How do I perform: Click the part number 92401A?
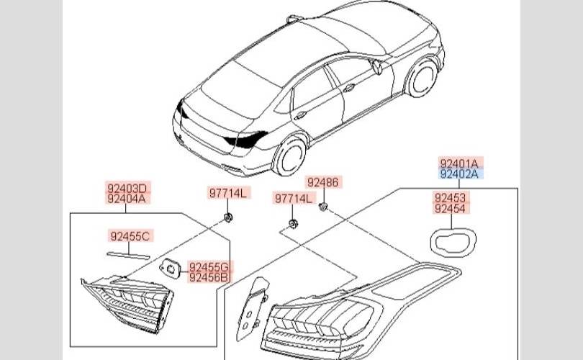coord(461,163)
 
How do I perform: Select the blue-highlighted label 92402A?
coord(461,174)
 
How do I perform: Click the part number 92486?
coord(322,183)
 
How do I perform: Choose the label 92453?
coord(449,197)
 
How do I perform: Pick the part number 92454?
coord(449,209)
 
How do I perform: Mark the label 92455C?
coord(130,235)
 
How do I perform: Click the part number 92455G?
coord(209,266)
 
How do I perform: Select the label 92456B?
coord(209,277)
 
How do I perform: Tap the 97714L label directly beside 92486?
coord(293,197)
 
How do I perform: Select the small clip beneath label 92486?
coord(323,208)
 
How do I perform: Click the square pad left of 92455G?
coord(170,267)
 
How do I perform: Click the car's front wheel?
coord(422,78)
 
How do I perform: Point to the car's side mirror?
coord(377,67)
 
